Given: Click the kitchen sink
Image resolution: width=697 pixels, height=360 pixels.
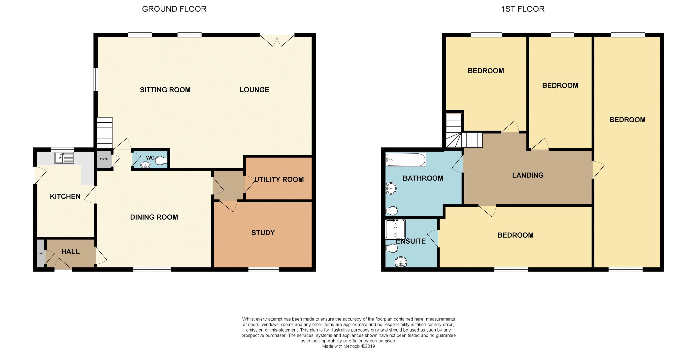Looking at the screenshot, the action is [x=64, y=158].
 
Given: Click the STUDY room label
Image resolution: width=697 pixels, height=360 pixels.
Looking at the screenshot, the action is [x=263, y=233].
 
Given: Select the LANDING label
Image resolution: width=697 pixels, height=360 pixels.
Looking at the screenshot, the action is [x=528, y=175].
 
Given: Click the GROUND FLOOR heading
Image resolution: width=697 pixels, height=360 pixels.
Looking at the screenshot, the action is [x=174, y=9].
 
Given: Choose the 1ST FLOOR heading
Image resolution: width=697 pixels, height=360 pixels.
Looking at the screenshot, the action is [x=523, y=9].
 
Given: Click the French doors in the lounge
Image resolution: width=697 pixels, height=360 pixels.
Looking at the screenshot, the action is [x=277, y=40].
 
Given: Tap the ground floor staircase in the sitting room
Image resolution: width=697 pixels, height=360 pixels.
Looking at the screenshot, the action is [x=105, y=133].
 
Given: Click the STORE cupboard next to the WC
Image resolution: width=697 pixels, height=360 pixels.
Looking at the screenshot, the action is [x=104, y=159].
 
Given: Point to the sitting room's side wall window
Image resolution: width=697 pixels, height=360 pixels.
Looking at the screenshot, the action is [x=95, y=79].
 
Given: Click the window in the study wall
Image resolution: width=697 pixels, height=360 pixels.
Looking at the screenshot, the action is [x=264, y=269].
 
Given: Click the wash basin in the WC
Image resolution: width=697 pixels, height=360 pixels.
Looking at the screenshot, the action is [x=146, y=165].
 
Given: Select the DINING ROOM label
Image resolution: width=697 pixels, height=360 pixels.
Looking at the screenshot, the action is [x=154, y=217].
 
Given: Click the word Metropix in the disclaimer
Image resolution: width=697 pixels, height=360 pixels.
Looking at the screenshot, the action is [x=352, y=346].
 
